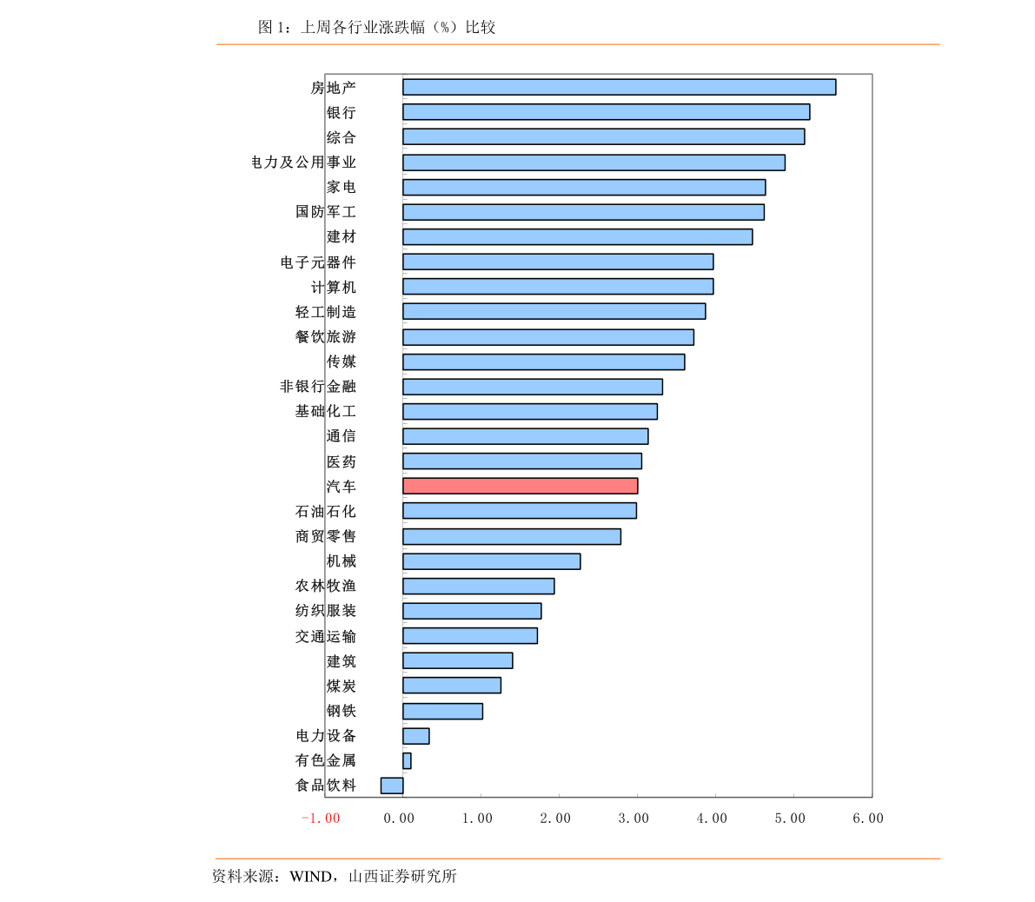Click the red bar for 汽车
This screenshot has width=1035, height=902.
click(x=520, y=486)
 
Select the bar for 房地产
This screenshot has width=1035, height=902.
click(x=619, y=87)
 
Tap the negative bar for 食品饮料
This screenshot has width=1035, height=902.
click(x=392, y=786)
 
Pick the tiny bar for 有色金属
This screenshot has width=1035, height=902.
click(x=407, y=761)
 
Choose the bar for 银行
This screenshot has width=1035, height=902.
click(x=606, y=112)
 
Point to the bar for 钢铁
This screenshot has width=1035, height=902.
click(x=442, y=711)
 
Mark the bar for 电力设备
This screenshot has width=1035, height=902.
click(x=415, y=736)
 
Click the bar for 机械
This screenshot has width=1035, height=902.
click(x=491, y=561)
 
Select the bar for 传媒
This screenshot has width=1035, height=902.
click(x=543, y=361)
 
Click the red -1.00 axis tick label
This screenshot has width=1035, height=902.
click(x=320, y=819)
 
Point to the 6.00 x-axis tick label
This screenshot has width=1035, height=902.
click(x=867, y=819)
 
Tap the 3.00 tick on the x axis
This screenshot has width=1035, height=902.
click(x=634, y=819)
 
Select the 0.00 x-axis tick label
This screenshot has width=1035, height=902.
click(x=399, y=819)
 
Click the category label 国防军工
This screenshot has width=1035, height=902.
click(x=325, y=212)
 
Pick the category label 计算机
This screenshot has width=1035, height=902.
click(x=333, y=287)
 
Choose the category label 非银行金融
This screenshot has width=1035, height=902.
click(x=317, y=387)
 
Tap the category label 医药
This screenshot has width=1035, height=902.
click(x=341, y=461)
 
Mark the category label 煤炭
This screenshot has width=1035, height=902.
click(x=341, y=686)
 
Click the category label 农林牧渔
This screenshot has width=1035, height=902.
click(x=325, y=586)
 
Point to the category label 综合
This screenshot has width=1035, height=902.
click(x=341, y=137)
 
